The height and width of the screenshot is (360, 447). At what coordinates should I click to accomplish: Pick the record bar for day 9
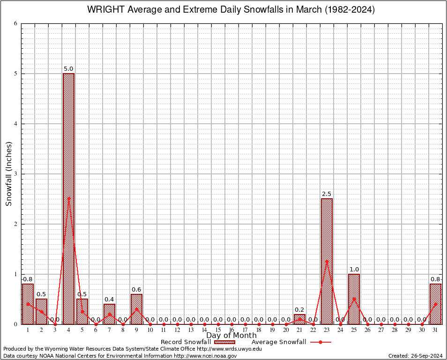click(x=136, y=309)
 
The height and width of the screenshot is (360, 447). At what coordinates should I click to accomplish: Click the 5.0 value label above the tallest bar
click(x=68, y=69)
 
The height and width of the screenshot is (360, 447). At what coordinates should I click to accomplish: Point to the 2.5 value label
click(x=327, y=194)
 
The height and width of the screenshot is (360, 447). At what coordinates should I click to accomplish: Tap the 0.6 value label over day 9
click(x=136, y=290)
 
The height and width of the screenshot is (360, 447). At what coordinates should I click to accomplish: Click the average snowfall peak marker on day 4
click(x=68, y=198)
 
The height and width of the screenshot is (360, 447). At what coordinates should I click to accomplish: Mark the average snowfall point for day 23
click(x=327, y=261)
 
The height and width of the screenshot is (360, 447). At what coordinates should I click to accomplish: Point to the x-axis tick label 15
click(x=218, y=330)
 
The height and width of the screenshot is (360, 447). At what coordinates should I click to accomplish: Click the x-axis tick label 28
click(x=395, y=330)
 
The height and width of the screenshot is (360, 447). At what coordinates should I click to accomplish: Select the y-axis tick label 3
click(x=15, y=174)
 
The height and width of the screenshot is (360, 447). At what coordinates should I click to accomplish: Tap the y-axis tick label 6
click(x=15, y=23)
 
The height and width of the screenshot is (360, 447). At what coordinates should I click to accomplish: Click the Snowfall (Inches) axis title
click(x=8, y=174)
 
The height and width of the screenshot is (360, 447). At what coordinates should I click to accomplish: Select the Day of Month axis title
click(x=231, y=336)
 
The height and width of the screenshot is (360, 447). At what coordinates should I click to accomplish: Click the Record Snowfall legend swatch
click(x=225, y=342)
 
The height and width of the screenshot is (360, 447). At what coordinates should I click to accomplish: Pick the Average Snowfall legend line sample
click(x=320, y=342)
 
